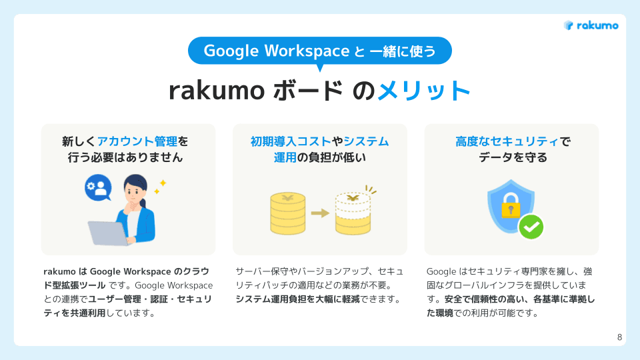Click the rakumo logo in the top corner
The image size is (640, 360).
point(591,25)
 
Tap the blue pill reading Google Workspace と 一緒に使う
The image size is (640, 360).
point(320,51)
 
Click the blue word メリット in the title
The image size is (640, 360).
point(424,91)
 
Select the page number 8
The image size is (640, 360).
point(619,337)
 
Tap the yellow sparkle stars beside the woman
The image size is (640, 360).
point(160,186)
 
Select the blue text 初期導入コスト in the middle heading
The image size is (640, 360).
point(291,141)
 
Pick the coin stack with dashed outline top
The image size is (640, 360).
point(353,213)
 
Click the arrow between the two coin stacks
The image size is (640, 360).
point(321,213)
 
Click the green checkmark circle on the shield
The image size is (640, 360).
point(531,227)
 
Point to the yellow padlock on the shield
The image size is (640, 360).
point(511,207)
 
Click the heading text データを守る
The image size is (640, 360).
point(512,158)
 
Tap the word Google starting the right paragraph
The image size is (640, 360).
point(441,272)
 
